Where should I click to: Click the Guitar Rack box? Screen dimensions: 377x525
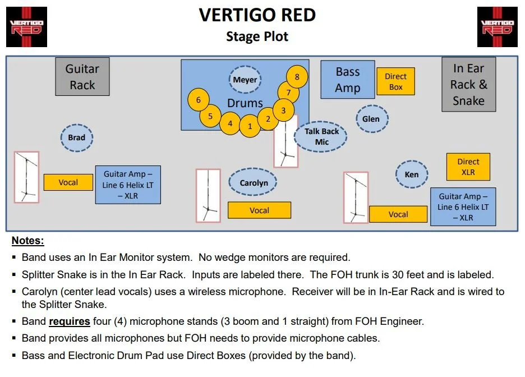point(82,77)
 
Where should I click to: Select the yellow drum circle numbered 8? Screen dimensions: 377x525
point(297,77)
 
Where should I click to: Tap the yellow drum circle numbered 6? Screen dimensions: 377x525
point(198,100)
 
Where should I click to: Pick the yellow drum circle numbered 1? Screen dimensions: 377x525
point(250,126)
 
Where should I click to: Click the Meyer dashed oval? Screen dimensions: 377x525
point(245,80)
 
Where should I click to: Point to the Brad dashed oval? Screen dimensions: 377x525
point(77,137)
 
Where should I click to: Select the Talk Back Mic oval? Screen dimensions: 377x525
point(321,137)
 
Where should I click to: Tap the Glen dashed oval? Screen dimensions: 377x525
point(371,119)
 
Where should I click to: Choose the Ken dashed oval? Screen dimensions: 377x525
point(411,174)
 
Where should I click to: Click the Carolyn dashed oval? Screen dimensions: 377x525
point(254,183)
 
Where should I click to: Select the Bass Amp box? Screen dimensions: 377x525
point(347,80)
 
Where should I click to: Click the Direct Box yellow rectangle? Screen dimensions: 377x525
point(395,81)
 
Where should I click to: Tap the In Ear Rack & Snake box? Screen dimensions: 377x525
point(468,85)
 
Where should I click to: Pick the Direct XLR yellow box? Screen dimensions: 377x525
point(468,167)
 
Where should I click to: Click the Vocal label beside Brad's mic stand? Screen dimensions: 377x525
point(68,182)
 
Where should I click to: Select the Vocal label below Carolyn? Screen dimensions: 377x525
point(259,210)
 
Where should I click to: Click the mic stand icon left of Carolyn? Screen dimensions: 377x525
point(208,196)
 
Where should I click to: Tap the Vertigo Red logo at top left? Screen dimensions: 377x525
point(26,27)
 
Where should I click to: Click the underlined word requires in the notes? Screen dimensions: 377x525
point(70,322)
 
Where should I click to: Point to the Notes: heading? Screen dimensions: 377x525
point(27,241)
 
